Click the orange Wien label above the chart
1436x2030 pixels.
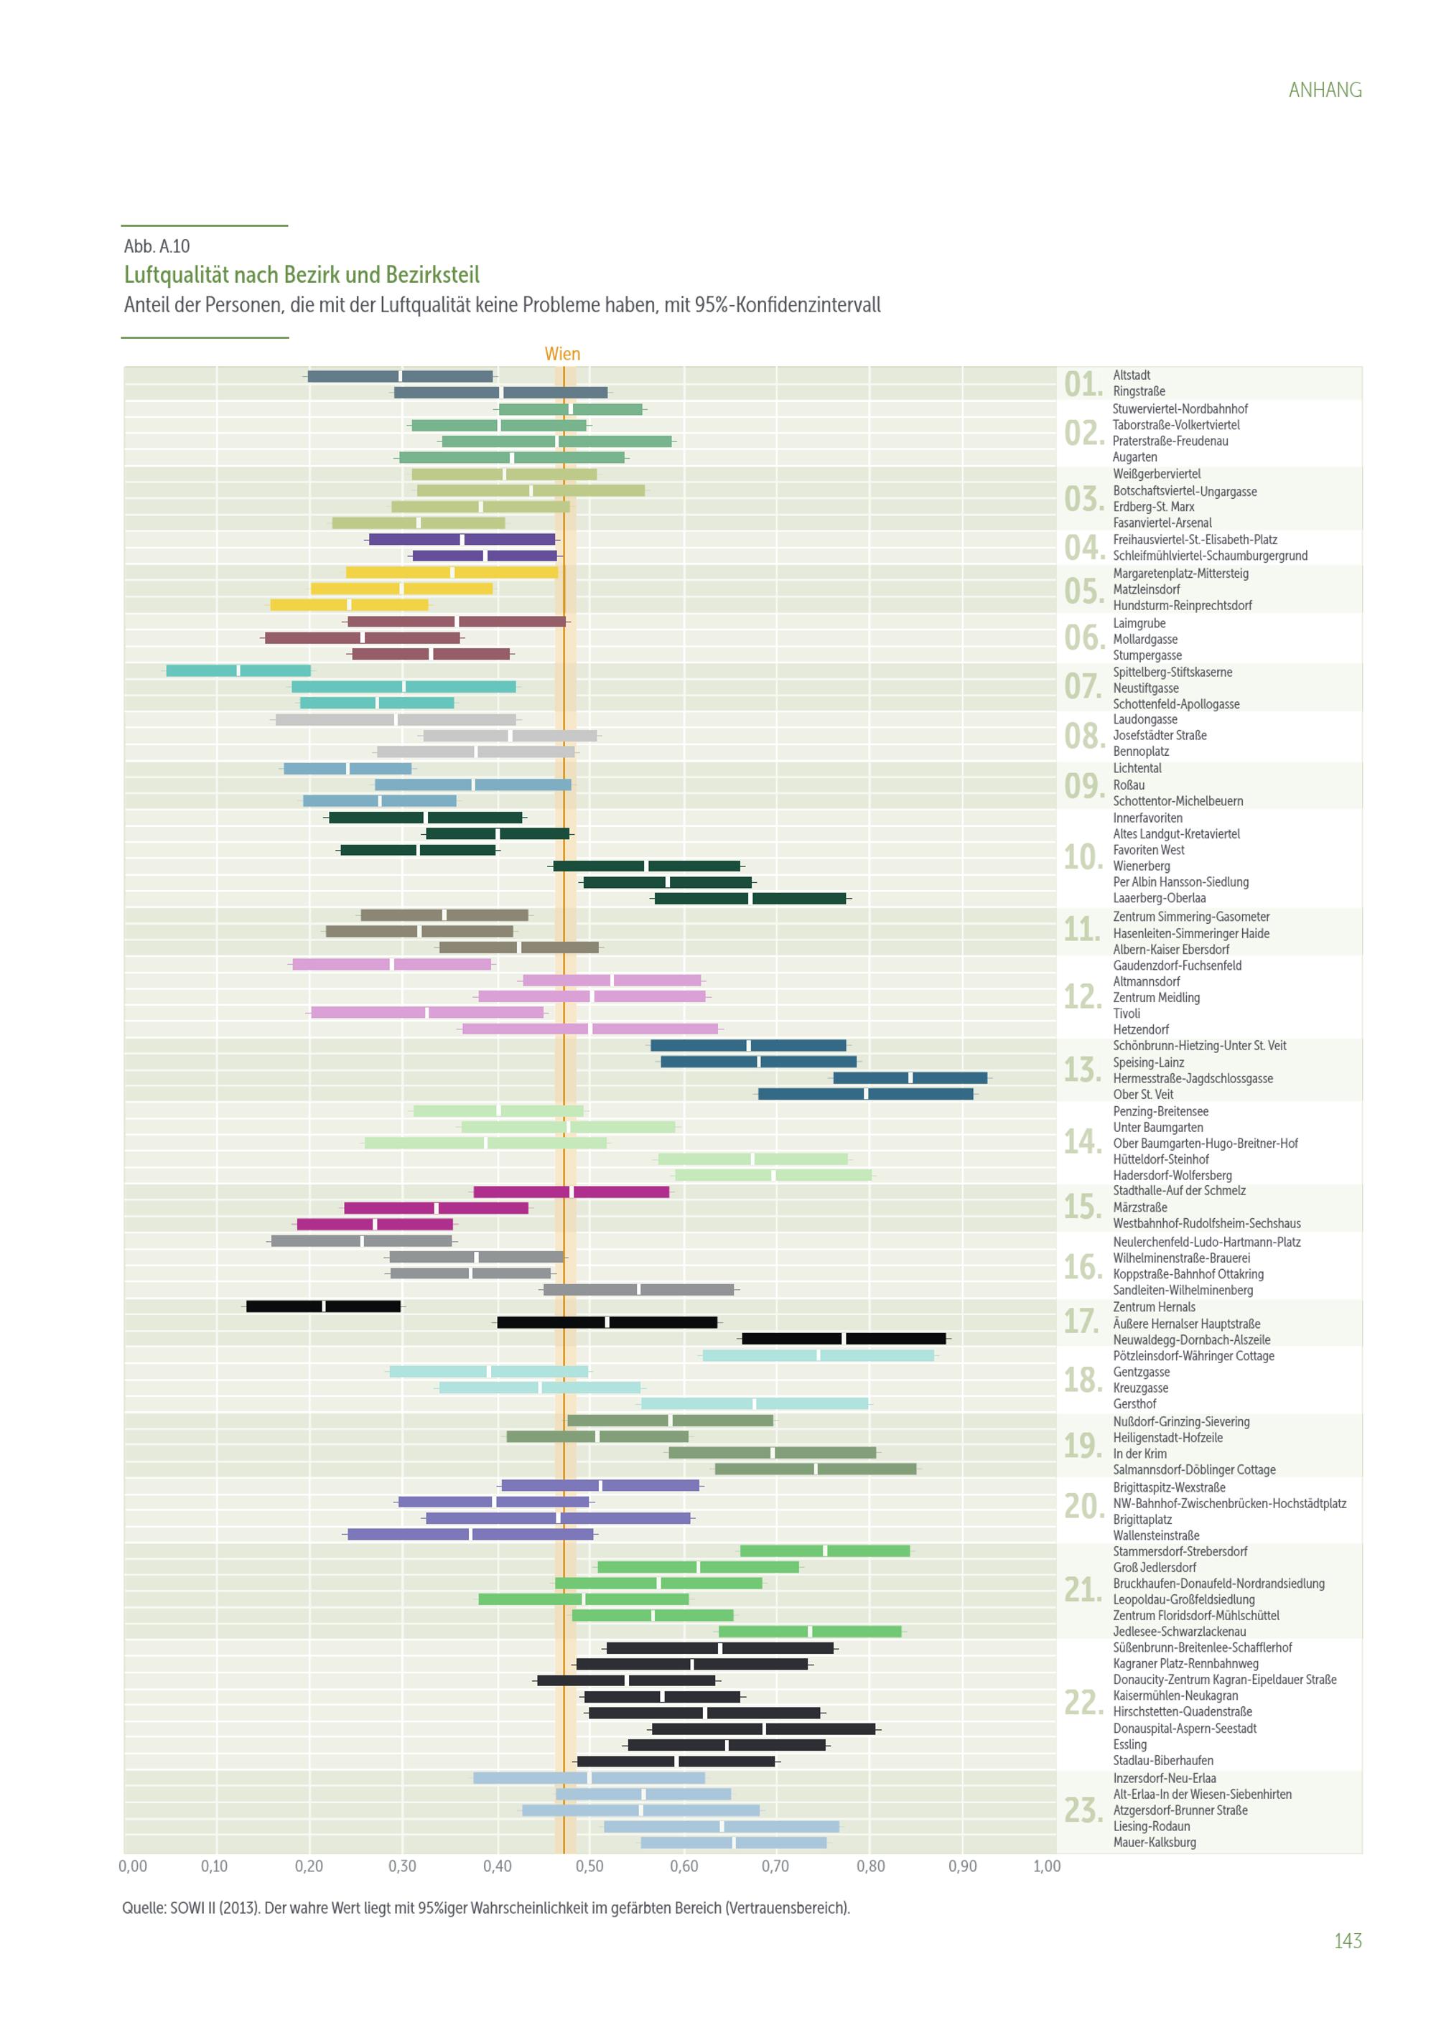pyautogui.click(x=562, y=354)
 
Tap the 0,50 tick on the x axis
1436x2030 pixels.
pyautogui.click(x=589, y=1866)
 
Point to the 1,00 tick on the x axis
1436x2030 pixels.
pyautogui.click(x=1047, y=1866)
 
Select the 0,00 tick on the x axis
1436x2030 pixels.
pyautogui.click(x=133, y=1866)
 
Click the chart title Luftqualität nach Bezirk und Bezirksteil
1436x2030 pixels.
pyautogui.click(x=302, y=275)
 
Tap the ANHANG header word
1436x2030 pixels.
pyautogui.click(x=1325, y=90)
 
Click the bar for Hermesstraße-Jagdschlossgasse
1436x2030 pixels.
pyautogui.click(x=910, y=1077)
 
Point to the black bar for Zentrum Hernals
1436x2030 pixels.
pyautogui.click(x=323, y=1306)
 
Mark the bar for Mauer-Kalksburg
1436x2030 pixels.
pyautogui.click(x=733, y=1843)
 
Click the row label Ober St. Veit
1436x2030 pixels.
pyautogui.click(x=1142, y=1095)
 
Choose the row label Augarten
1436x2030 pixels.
pyautogui.click(x=1134, y=457)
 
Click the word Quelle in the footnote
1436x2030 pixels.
pyautogui.click(x=141, y=1908)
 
